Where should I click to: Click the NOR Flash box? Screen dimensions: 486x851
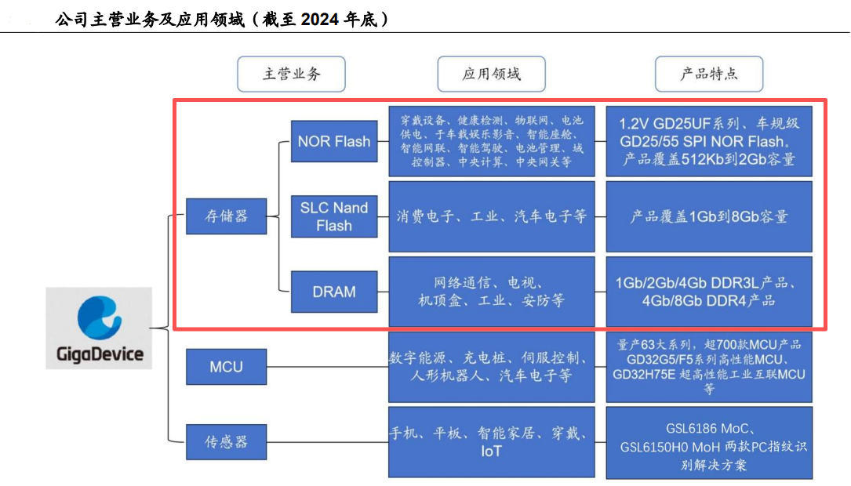pos(333,142)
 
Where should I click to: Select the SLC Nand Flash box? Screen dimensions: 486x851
pos(333,216)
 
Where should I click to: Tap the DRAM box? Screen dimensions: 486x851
pos(333,292)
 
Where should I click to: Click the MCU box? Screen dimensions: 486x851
pos(226,367)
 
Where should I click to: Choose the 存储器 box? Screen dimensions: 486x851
pos(226,216)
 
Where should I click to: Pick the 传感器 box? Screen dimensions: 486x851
pos(226,442)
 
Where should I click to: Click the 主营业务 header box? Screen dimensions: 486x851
pos(291,74)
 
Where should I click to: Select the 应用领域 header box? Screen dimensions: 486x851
pos(492,74)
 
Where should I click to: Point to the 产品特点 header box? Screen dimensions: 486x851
pos(709,74)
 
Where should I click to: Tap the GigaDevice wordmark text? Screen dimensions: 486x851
pos(100,354)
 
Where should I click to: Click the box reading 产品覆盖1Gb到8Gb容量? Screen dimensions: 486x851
pos(709,216)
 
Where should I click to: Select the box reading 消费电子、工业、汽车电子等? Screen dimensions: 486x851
pos(492,216)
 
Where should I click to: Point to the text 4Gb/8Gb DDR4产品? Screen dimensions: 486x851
pos(709,301)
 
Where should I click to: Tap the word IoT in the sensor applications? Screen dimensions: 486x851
pos(492,452)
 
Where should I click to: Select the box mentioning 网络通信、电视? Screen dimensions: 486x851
pos(492,292)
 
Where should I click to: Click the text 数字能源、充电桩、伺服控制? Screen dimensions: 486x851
pos(489,358)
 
